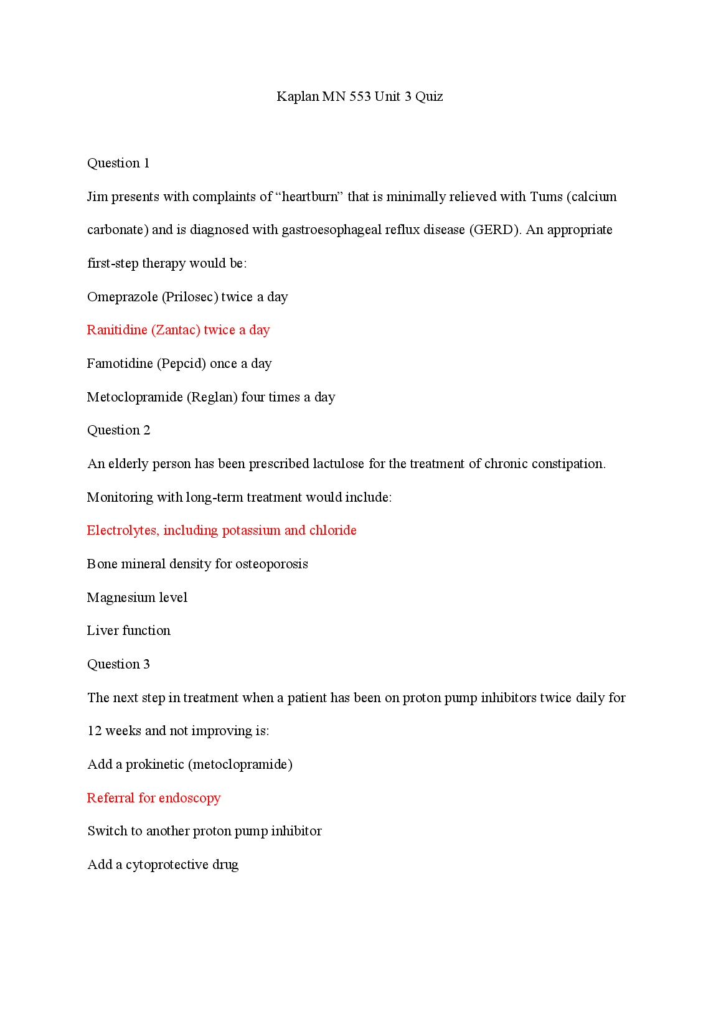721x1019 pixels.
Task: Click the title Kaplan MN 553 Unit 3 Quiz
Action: tap(359, 96)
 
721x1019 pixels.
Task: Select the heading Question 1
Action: tap(118, 163)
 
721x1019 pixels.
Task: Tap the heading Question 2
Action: tap(118, 430)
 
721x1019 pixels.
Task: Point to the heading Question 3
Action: tap(118, 664)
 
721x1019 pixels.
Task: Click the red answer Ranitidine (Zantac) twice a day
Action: tap(178, 330)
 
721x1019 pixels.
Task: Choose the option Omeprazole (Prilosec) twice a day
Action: tap(187, 297)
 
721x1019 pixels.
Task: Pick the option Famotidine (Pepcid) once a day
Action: tap(179, 364)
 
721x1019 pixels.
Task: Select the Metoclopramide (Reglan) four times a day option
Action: tap(211, 397)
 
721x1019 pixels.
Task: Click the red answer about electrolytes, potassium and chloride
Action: tap(222, 530)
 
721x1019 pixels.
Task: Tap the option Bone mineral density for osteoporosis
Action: tap(197, 564)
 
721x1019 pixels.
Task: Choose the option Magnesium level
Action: tap(137, 598)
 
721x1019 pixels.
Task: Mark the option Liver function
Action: tap(129, 631)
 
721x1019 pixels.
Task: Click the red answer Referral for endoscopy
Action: tap(154, 798)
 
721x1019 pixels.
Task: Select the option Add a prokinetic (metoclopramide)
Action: tap(190, 764)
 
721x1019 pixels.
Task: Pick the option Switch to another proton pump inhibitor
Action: tap(204, 831)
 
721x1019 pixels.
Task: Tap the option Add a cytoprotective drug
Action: tap(163, 865)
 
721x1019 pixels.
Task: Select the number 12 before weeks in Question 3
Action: tap(95, 731)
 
